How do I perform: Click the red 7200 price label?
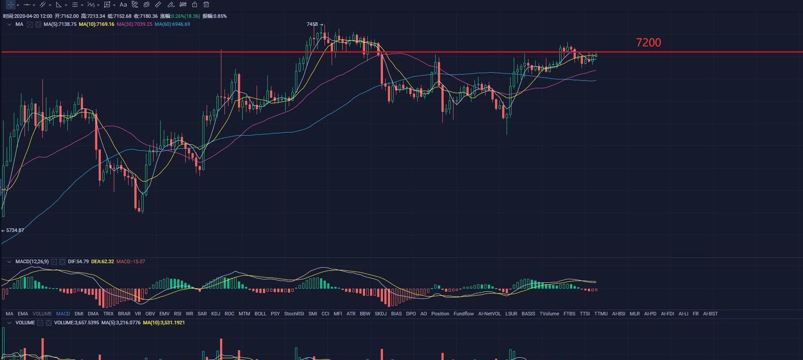tap(648, 42)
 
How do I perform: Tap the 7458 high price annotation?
tap(312, 24)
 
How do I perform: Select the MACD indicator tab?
tap(63, 314)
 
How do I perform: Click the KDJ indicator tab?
tap(216, 314)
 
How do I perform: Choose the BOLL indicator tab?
tap(260, 314)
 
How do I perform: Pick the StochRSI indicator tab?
tap(294, 314)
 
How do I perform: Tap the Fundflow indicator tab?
tap(463, 314)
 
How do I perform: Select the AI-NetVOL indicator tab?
tap(489, 314)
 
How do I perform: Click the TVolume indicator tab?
tap(549, 314)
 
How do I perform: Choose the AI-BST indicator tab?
tap(710, 314)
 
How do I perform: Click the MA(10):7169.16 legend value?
tap(96, 24)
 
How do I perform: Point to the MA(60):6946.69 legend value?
tap(172, 24)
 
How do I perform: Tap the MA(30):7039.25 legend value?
tap(134, 24)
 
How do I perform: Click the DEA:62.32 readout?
tap(102, 261)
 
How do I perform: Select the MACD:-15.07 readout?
tap(130, 261)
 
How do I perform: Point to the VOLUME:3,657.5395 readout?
tap(76, 323)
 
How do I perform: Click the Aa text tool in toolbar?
tap(123, 4)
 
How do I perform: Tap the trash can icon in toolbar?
tap(206, 4)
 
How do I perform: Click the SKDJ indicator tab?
tap(381, 314)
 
